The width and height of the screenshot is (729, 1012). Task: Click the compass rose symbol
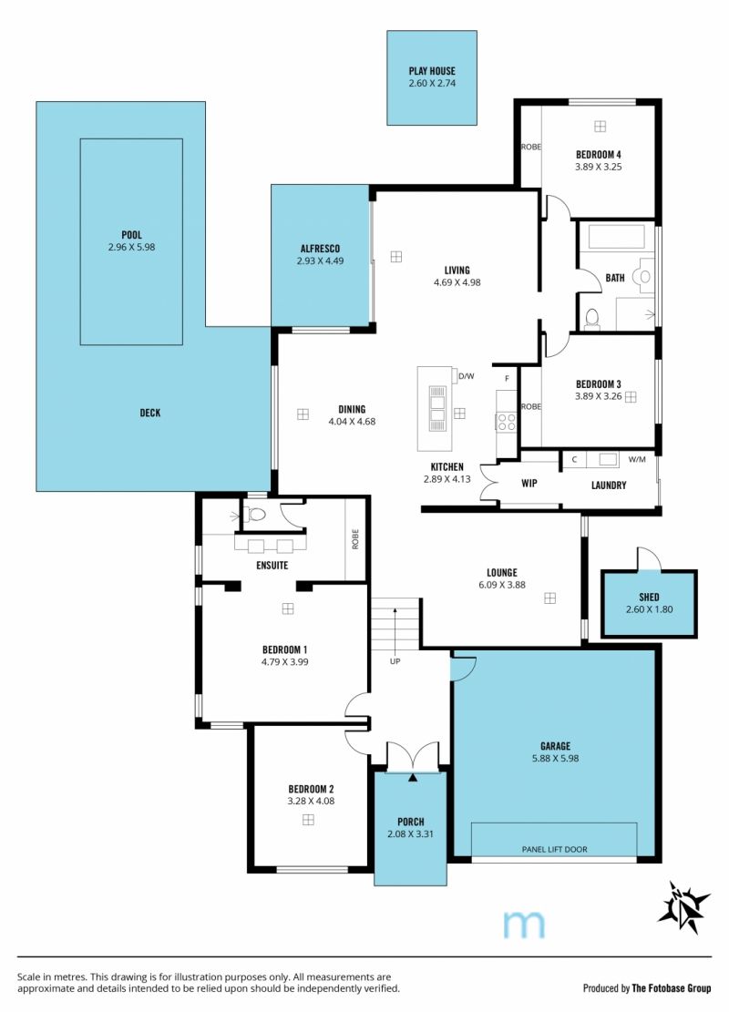coord(683,907)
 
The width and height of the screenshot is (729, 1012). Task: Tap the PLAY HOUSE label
coord(432,71)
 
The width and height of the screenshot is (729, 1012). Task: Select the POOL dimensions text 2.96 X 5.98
coord(132,247)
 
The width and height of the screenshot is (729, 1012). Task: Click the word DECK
coord(150,413)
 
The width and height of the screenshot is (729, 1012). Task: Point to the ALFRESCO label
coord(320,249)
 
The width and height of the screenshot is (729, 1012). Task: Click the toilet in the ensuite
coord(254,515)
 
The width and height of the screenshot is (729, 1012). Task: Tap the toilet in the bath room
coord(591,319)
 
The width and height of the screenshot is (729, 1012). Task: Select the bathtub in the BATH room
coord(617,236)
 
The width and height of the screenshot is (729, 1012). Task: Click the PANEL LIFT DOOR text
coord(555,849)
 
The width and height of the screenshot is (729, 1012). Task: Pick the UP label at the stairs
coord(395,661)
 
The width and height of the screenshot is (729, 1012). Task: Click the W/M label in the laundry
coord(637,459)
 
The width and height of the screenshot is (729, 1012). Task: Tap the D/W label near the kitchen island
coord(467,375)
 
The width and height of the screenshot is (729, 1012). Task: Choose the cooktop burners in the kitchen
coord(507,422)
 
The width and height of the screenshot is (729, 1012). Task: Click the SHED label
coord(650,598)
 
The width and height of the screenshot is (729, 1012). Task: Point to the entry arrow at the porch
coord(413,779)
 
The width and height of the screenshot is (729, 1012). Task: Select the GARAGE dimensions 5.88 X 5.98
coord(555,759)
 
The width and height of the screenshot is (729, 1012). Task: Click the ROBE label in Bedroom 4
coord(531,148)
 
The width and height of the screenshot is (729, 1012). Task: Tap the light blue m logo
coord(524,925)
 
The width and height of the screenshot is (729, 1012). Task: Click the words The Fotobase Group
coord(672,988)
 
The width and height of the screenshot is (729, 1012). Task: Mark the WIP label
coord(529,484)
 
